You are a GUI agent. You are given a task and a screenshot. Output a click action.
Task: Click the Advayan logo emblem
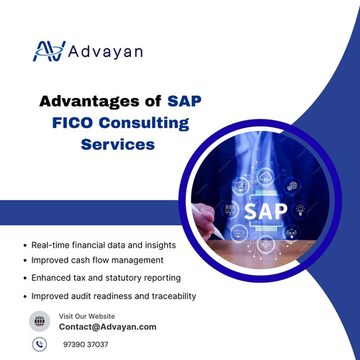tap(49, 51)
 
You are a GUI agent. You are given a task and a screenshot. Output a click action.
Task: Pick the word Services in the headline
tap(117, 144)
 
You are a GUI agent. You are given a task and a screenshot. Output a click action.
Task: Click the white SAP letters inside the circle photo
tap(265, 212)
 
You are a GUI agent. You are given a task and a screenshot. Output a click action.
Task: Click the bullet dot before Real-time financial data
tap(26, 246)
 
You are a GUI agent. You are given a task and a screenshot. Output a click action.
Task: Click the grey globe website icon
tap(39, 321)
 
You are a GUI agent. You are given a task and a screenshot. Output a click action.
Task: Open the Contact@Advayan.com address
tap(107, 327)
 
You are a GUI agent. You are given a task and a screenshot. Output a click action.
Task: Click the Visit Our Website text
tap(86, 316)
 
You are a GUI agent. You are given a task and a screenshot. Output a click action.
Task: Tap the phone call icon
tap(39, 344)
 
